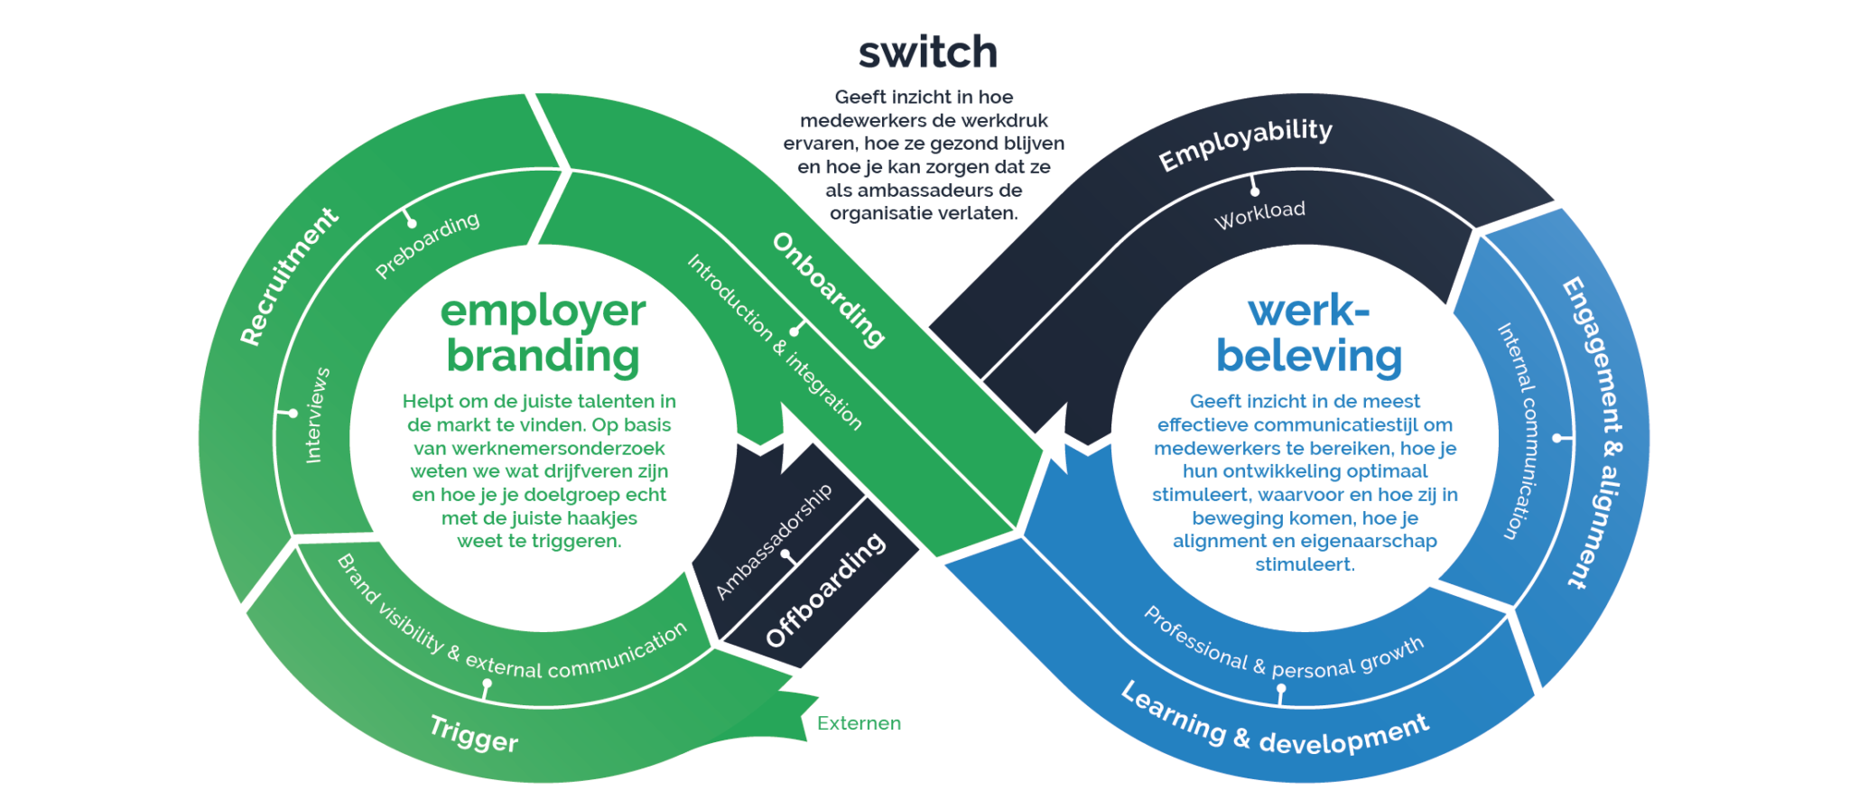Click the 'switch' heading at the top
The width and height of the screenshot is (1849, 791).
[927, 52]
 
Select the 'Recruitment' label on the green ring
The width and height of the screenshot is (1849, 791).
[289, 276]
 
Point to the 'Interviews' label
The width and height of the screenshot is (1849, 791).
[317, 415]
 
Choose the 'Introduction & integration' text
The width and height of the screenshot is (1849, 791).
[775, 341]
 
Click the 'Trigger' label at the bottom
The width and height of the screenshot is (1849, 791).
[474, 733]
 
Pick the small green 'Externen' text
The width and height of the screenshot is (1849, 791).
[859, 723]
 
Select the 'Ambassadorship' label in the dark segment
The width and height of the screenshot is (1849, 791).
[774, 542]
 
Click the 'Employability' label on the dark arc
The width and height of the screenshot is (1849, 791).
[1246, 144]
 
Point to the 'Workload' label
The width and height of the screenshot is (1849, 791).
[1259, 216]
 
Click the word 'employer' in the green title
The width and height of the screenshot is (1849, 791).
[543, 312]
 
